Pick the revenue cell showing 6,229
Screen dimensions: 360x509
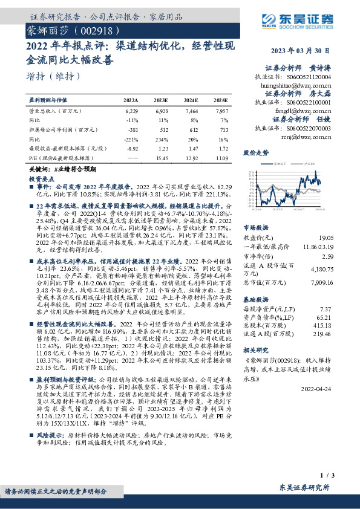click(131, 111)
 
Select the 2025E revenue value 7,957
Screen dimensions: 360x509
click(221, 111)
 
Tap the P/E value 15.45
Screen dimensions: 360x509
click(162, 157)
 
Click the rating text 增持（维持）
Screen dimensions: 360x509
click(54, 77)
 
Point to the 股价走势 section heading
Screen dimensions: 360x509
click(255, 154)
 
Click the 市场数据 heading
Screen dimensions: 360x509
click(255, 228)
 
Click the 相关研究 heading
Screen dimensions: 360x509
click(255, 349)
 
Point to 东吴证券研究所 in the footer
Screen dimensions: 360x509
click(304, 487)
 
